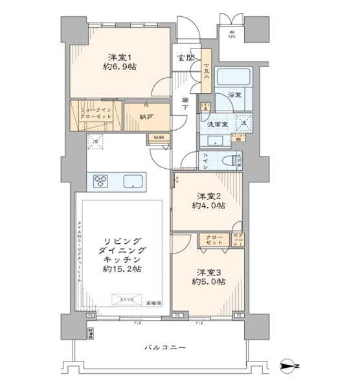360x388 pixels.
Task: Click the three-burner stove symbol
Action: coord(102,180)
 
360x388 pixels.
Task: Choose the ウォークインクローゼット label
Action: coord(95,114)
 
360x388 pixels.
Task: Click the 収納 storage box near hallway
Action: coord(159,138)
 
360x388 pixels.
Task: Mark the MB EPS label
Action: coord(231,35)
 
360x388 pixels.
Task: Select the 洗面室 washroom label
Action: coord(216,124)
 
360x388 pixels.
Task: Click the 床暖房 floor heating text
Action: coord(153,302)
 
